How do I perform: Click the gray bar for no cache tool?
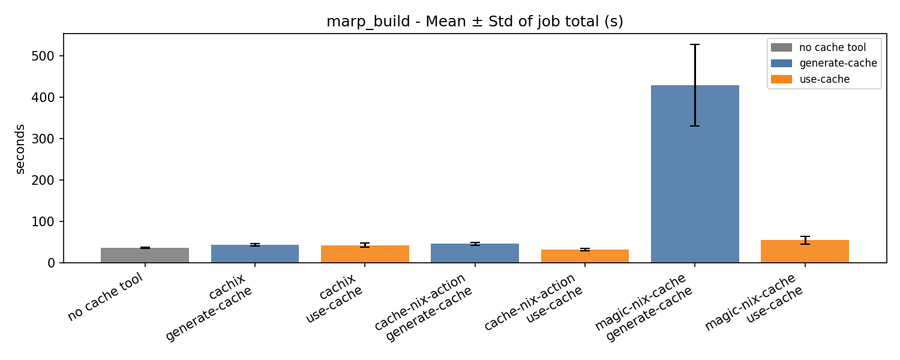pyautogui.click(x=145, y=256)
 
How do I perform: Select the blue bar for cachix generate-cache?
pyautogui.click(x=254, y=254)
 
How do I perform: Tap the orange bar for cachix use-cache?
pyautogui.click(x=365, y=254)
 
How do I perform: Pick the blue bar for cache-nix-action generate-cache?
pyautogui.click(x=475, y=253)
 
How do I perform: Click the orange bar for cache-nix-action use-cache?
pyautogui.click(x=584, y=256)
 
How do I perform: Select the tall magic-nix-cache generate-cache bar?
pyautogui.click(x=695, y=174)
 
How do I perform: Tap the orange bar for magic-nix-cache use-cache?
pyautogui.click(x=805, y=251)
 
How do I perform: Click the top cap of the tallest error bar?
pyautogui.click(x=695, y=44)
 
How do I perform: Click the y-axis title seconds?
pyautogui.click(x=20, y=148)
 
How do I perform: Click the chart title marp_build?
pyautogui.click(x=475, y=22)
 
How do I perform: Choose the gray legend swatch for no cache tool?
pyautogui.click(x=781, y=47)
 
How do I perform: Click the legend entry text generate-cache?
pyautogui.click(x=838, y=63)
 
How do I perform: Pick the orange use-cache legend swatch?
pyautogui.click(x=781, y=79)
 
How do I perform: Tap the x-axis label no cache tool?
pyautogui.click(x=106, y=297)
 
